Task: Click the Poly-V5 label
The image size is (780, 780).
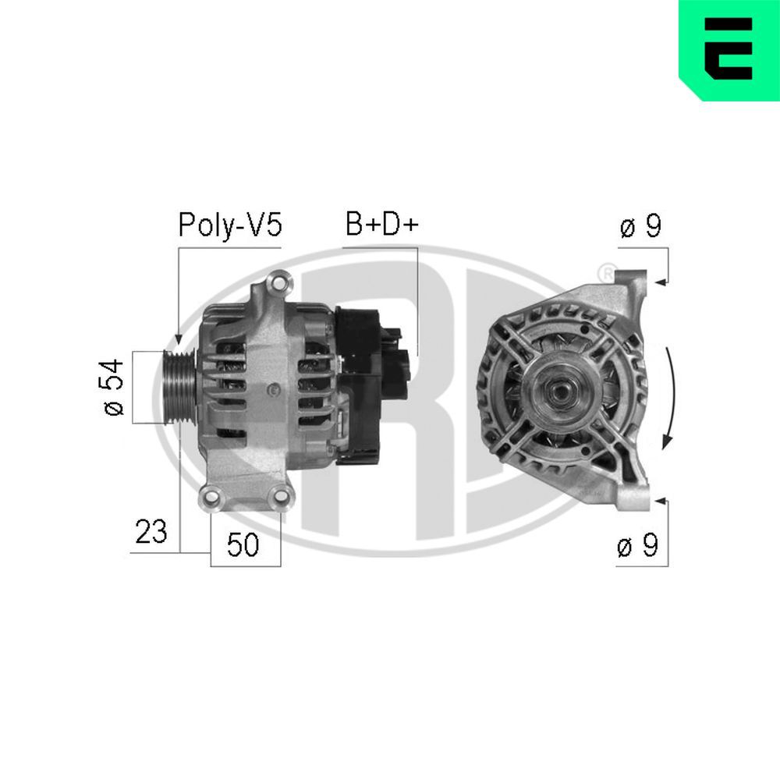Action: tap(229, 225)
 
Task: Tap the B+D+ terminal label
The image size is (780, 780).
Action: tap(382, 225)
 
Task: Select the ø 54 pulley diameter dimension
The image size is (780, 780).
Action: tap(115, 387)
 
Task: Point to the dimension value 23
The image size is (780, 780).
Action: tap(151, 532)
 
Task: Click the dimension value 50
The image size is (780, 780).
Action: tap(243, 545)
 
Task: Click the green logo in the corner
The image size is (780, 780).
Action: tap(729, 49)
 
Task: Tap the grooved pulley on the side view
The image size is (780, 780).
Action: tap(178, 387)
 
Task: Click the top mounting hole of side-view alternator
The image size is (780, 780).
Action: tap(277, 281)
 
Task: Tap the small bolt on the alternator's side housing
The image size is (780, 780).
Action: tap(271, 388)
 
